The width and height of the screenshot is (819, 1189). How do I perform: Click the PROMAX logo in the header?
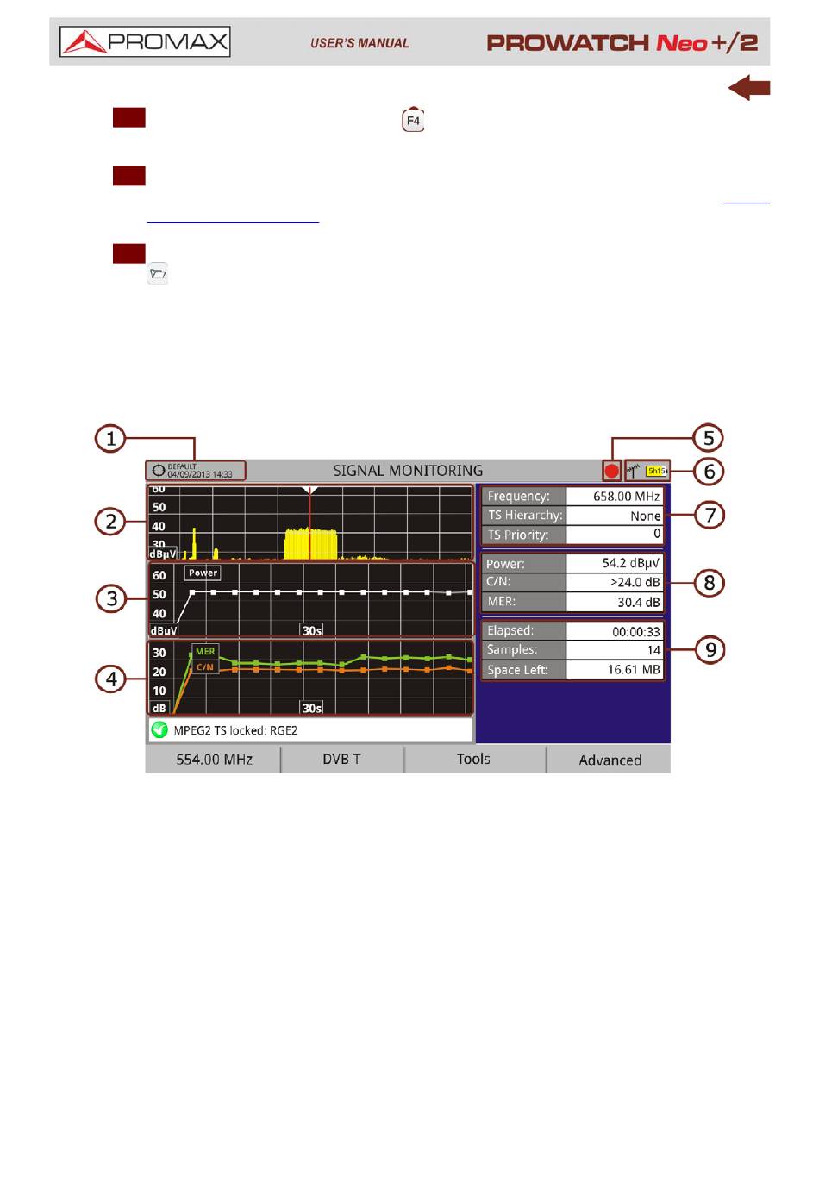point(145,41)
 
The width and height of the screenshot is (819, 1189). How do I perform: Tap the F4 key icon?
point(413,120)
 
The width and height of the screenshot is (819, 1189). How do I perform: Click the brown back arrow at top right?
point(748,88)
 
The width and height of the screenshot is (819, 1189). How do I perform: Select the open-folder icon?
point(158,274)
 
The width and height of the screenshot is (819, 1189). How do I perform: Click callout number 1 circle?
point(110,438)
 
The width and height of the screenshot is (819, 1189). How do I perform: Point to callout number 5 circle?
point(708,438)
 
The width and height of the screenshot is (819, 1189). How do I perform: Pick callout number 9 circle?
point(710,649)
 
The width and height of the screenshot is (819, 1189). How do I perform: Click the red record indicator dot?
point(611,471)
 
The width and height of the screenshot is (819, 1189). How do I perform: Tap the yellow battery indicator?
point(656,471)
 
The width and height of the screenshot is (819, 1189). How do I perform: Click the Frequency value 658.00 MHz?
point(614,497)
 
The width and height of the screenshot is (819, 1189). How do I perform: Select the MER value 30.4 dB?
point(614,602)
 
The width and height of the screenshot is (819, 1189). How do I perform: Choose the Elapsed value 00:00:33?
point(614,631)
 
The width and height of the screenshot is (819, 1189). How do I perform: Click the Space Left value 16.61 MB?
point(614,670)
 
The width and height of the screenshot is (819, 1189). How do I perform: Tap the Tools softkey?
point(473,759)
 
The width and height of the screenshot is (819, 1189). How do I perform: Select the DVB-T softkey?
point(341,759)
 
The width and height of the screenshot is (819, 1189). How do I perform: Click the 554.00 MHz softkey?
point(214,759)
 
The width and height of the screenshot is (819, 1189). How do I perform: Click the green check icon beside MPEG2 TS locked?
point(159,730)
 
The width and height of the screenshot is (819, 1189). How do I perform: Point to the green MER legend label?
point(205,652)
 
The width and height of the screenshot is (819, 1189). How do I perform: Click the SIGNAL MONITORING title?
point(408,471)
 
